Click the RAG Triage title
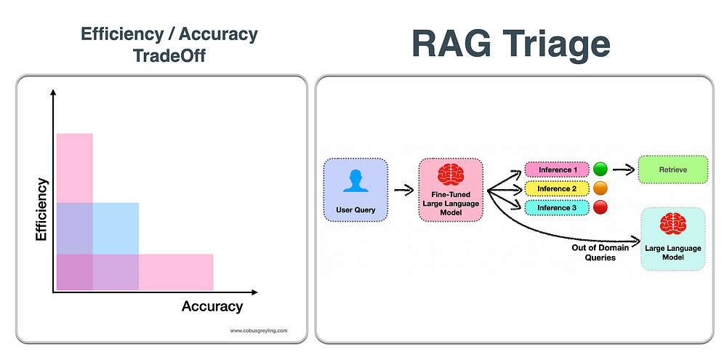[510, 44]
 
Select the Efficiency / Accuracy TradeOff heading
[169, 44]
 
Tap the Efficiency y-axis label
[41, 209]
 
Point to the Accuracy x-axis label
[212, 306]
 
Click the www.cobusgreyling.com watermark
[259, 331]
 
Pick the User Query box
[356, 191]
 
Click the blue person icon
[356, 180]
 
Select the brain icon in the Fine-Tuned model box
[451, 174]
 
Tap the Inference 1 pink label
[557, 169]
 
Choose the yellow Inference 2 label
[557, 189]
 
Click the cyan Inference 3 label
[557, 208]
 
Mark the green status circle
[601, 169]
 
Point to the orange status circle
[601, 188]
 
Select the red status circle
[601, 207]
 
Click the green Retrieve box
[673, 169]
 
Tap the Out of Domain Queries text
[601, 252]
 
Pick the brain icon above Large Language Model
[672, 223]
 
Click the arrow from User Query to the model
[403, 190]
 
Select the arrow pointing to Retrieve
[623, 169]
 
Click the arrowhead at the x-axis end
[254, 292]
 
